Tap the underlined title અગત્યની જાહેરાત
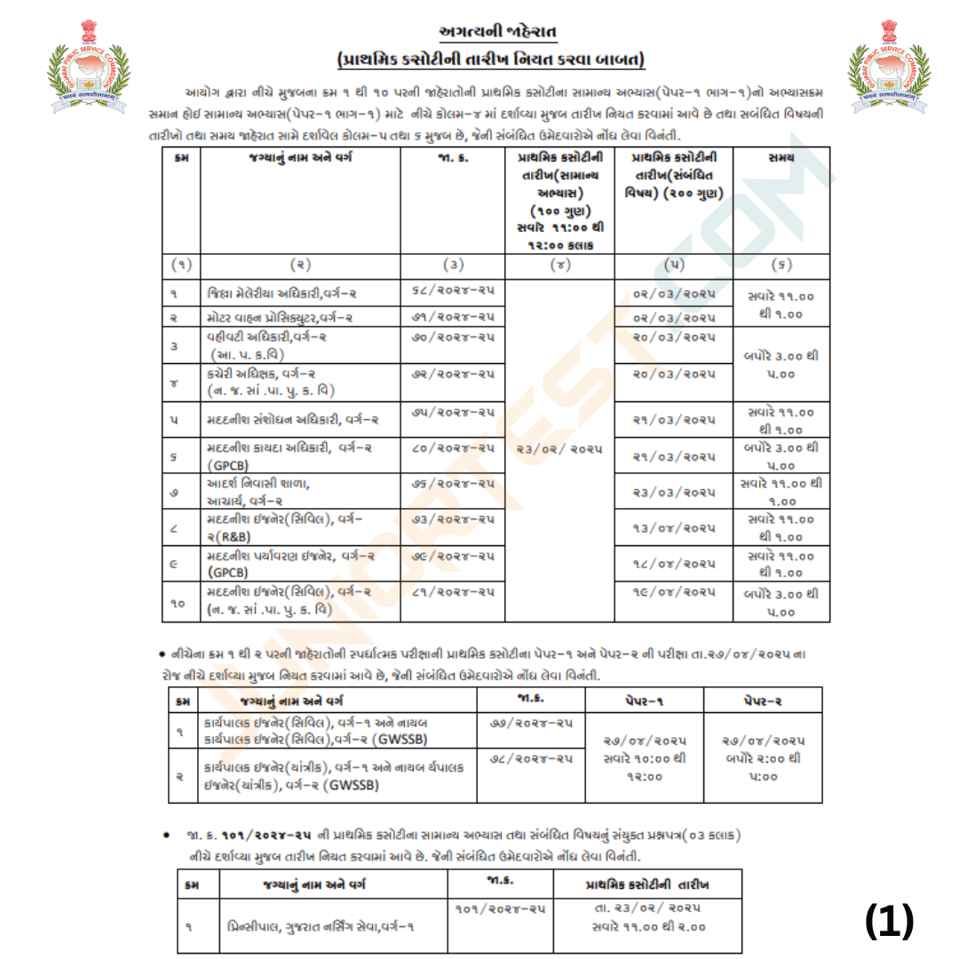click(x=491, y=33)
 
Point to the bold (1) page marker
click(x=889, y=922)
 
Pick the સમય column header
click(x=781, y=158)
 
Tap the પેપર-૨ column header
click(x=763, y=701)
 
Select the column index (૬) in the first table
click(x=781, y=264)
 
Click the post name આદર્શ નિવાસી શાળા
click(x=259, y=484)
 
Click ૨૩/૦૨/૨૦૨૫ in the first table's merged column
click(x=559, y=449)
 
